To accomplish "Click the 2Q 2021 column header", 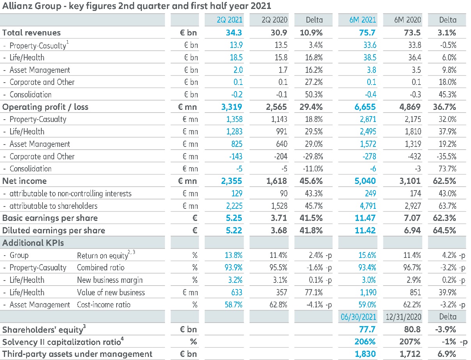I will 230,20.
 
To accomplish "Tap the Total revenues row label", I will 32,33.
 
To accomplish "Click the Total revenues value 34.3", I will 234,33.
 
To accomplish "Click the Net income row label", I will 25,181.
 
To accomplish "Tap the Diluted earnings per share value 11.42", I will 366,230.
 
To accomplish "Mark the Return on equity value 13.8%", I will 233,255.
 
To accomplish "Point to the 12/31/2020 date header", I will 404,317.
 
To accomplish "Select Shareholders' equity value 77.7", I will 368,329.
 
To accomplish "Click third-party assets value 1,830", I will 365,354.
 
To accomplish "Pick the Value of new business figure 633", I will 236,292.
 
